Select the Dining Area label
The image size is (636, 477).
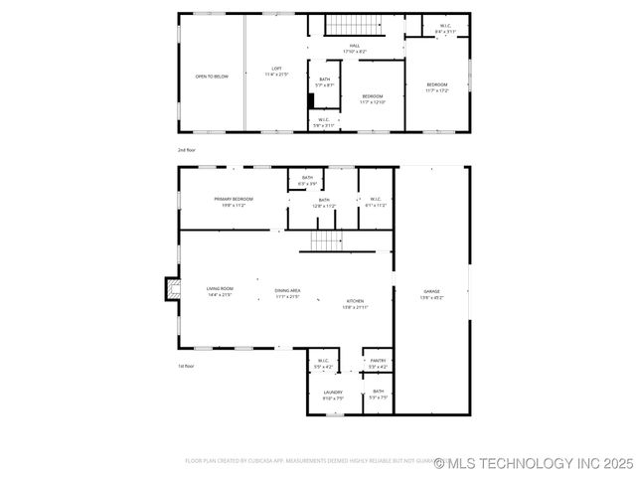coord(288,293)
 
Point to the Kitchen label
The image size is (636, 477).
coord(356,304)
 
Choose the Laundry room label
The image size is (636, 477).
coord(333,395)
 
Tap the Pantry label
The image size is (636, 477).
coord(379,364)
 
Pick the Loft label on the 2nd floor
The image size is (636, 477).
coord(276,72)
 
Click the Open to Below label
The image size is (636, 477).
coord(212,76)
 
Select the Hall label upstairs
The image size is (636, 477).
coord(355,49)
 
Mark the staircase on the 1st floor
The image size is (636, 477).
coord(327,240)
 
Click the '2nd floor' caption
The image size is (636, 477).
coord(187,149)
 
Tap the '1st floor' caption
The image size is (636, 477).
coord(187,366)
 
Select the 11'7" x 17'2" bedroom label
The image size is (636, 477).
coord(437,87)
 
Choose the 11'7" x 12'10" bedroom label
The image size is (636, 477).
coord(372,98)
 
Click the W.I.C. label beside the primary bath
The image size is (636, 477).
coord(377,202)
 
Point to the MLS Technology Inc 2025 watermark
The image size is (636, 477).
coord(534,463)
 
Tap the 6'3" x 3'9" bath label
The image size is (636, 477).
coord(308,180)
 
